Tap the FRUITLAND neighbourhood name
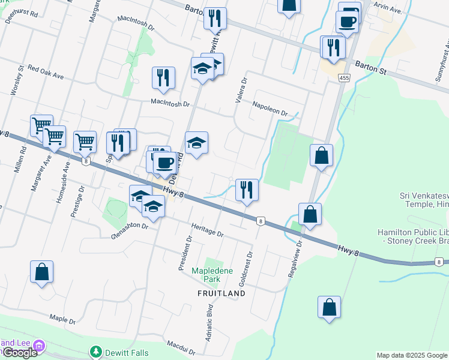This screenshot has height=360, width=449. [x=221, y=293]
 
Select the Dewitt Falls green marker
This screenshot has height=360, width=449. [x=95, y=352]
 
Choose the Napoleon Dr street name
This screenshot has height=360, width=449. [x=271, y=108]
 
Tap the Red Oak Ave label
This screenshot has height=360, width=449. [x=46, y=73]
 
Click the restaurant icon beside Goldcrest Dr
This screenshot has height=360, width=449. [x=247, y=190]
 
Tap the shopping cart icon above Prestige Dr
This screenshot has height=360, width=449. [x=85, y=142]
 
